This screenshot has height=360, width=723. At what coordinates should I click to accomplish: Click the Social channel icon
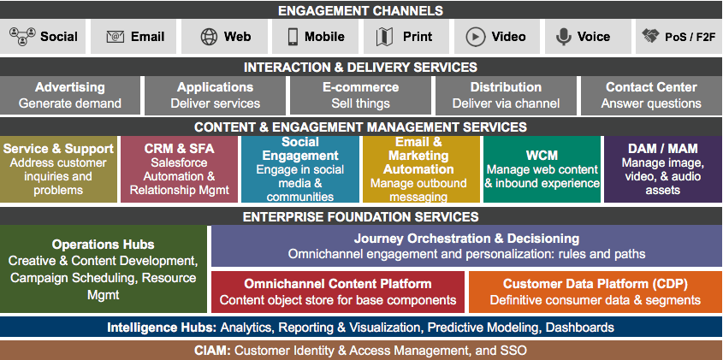pyautogui.click(x=21, y=37)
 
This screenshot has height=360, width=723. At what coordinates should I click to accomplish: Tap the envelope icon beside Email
pyautogui.click(x=115, y=37)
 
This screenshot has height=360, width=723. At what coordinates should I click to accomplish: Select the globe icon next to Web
pyautogui.click(x=209, y=37)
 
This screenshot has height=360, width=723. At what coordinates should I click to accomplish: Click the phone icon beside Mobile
pyautogui.click(x=293, y=37)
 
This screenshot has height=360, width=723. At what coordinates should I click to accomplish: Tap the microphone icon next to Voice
pyautogui.click(x=563, y=37)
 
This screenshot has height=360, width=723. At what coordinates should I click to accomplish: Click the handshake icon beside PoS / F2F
pyautogui.click(x=650, y=37)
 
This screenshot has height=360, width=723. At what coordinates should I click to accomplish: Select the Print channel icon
pyautogui.click(x=383, y=37)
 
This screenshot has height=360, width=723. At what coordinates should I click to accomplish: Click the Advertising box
pyautogui.click(x=70, y=95)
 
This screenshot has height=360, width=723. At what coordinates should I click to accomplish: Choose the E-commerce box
pyautogui.click(x=360, y=95)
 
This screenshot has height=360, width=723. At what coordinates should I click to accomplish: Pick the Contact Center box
pyautogui.click(x=650, y=95)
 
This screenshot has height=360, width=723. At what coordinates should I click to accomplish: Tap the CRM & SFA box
pyautogui.click(x=179, y=168)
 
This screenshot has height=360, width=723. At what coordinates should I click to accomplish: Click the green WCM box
pyautogui.click(x=542, y=168)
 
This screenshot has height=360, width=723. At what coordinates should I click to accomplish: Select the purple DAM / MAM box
pyautogui.click(x=662, y=168)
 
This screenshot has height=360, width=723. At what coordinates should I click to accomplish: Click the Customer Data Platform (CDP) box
pyautogui.click(x=595, y=292)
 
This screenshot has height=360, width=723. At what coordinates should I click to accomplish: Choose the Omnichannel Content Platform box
pyautogui.click(x=337, y=292)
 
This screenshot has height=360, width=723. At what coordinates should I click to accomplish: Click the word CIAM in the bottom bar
pyautogui.click(x=214, y=351)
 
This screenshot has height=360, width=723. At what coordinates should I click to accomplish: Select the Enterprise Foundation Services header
pyautogui.click(x=360, y=217)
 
